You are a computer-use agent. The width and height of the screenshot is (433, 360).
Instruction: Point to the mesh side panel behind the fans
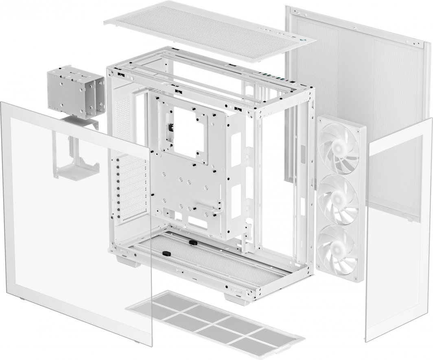(x=358, y=81)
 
